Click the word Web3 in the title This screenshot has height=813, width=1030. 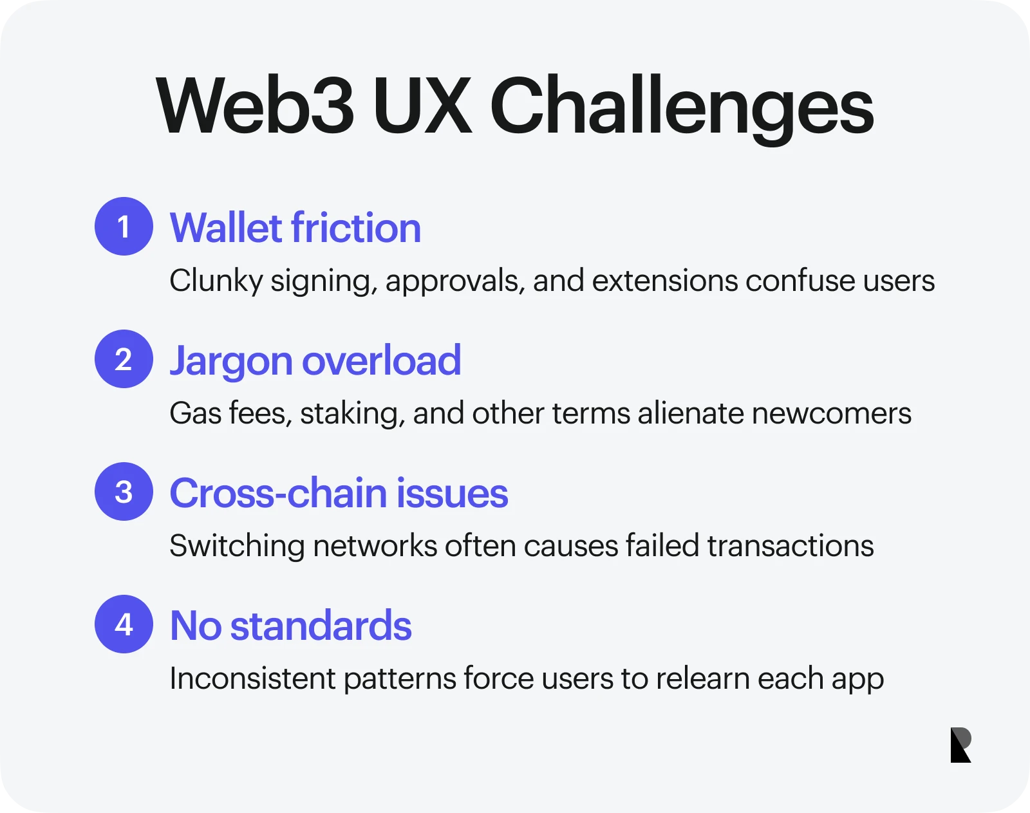pos(255,106)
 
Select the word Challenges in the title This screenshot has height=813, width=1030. pos(682,109)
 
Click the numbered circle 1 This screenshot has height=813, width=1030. pos(124,227)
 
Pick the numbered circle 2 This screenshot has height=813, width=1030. pos(124,359)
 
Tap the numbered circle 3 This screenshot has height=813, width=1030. pos(124,491)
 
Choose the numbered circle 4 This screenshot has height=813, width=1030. pos(124,624)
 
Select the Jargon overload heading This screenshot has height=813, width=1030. pos(315,361)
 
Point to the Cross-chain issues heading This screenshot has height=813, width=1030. pos(339,493)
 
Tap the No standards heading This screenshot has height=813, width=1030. pos(290,626)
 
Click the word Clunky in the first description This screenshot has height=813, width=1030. pos(216,281)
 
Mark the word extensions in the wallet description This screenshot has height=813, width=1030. pos(665,281)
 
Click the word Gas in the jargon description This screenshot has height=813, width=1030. pos(195,413)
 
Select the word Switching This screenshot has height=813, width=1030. pos(237,546)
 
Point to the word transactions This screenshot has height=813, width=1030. pos(791,546)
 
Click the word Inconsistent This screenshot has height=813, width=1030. pos(253,678)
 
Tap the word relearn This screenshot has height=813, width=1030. pos(702,678)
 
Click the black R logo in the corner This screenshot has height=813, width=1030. pos(960,745)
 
